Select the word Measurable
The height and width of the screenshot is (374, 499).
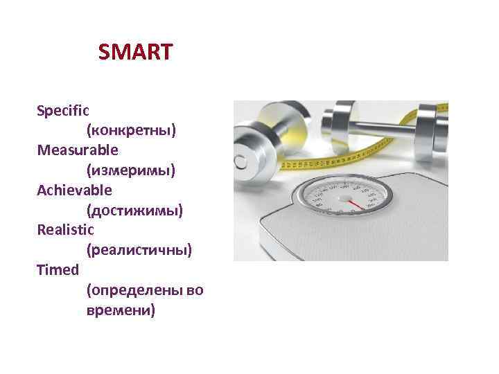click(x=78, y=150)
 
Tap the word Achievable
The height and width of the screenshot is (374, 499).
click(x=74, y=189)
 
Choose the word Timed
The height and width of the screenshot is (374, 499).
click(x=58, y=269)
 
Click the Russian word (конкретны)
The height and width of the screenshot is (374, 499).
click(x=131, y=130)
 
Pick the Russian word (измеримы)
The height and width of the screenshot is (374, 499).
click(x=131, y=170)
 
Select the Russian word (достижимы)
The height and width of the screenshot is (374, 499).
click(x=134, y=209)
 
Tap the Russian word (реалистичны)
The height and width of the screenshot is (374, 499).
click(x=139, y=249)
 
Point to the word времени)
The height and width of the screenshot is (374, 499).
click(x=121, y=310)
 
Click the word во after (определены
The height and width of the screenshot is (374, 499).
click(x=195, y=290)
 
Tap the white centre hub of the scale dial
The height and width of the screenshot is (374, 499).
click(x=344, y=197)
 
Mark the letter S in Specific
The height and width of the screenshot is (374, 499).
click(x=41, y=110)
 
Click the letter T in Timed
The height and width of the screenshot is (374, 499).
click(x=41, y=269)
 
